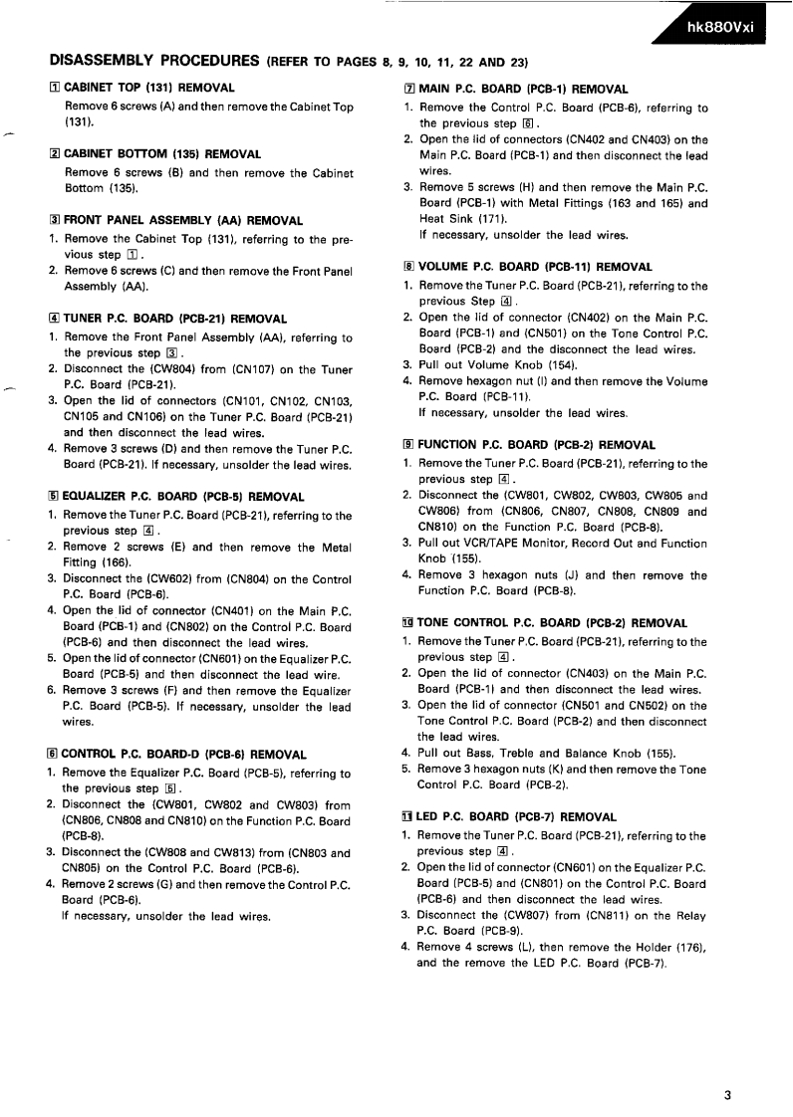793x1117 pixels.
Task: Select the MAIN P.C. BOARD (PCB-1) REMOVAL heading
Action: click(x=523, y=89)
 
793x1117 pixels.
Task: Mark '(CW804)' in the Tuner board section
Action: click(x=178, y=367)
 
